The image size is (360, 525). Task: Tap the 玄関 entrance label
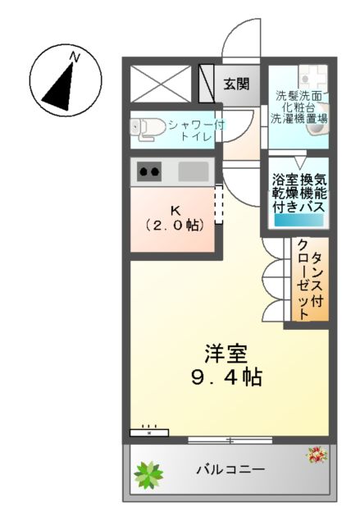click(x=237, y=84)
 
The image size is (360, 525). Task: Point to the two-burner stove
click(x=149, y=172)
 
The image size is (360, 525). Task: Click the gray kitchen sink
click(x=194, y=172)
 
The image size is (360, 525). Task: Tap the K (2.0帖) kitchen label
click(x=174, y=217)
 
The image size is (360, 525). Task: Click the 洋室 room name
click(x=226, y=354)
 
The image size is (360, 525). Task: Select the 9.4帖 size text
click(x=226, y=378)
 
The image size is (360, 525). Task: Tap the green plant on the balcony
click(x=149, y=473)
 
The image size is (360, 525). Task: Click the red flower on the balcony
click(x=317, y=454)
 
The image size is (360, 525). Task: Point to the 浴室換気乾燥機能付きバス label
click(x=298, y=194)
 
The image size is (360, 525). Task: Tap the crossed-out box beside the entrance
click(x=161, y=83)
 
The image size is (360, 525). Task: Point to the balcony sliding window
click(x=230, y=441)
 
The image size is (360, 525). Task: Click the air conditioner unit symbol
click(x=148, y=431)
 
